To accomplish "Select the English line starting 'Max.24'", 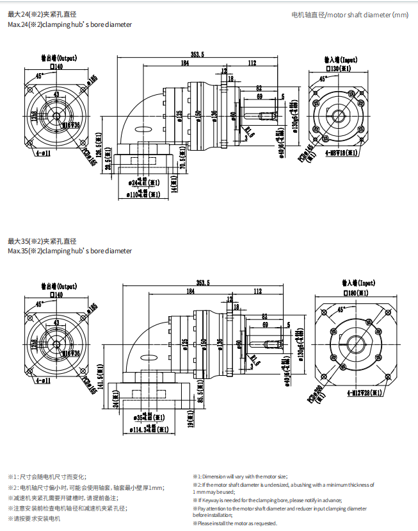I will pyautogui.click(x=70, y=24).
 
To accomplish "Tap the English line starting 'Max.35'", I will pyautogui.click(x=70, y=251).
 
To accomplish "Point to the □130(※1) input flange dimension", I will pyautogui.click(x=339, y=67).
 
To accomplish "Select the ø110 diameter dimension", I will pyautogui.click(x=143, y=193).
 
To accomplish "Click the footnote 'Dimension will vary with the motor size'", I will pyautogui.click(x=240, y=476).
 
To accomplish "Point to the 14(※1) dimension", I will pyautogui.click(x=173, y=185).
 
